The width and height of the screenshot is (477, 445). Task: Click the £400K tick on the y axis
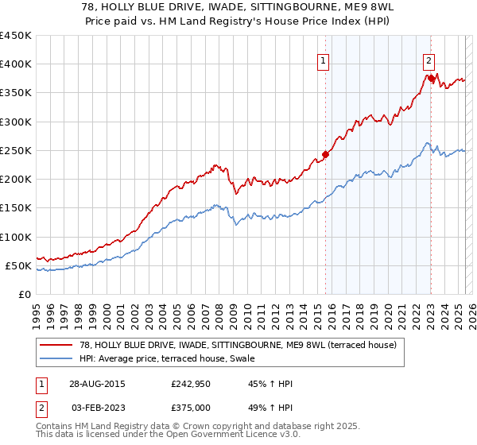pos(16,64)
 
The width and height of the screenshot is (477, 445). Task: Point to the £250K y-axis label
pos(16,150)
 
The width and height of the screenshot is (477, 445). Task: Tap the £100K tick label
pos(16,237)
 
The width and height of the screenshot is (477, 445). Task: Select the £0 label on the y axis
pos(25,294)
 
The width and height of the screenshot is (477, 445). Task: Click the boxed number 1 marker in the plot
pos(324,60)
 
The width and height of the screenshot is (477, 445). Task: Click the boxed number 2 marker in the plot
pos(429,60)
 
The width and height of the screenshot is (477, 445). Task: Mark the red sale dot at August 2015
pos(326,154)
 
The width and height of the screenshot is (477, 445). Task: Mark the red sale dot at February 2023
pos(431,78)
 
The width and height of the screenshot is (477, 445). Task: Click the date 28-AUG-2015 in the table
pos(96,384)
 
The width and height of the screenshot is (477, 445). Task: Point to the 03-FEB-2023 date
pos(95,407)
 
